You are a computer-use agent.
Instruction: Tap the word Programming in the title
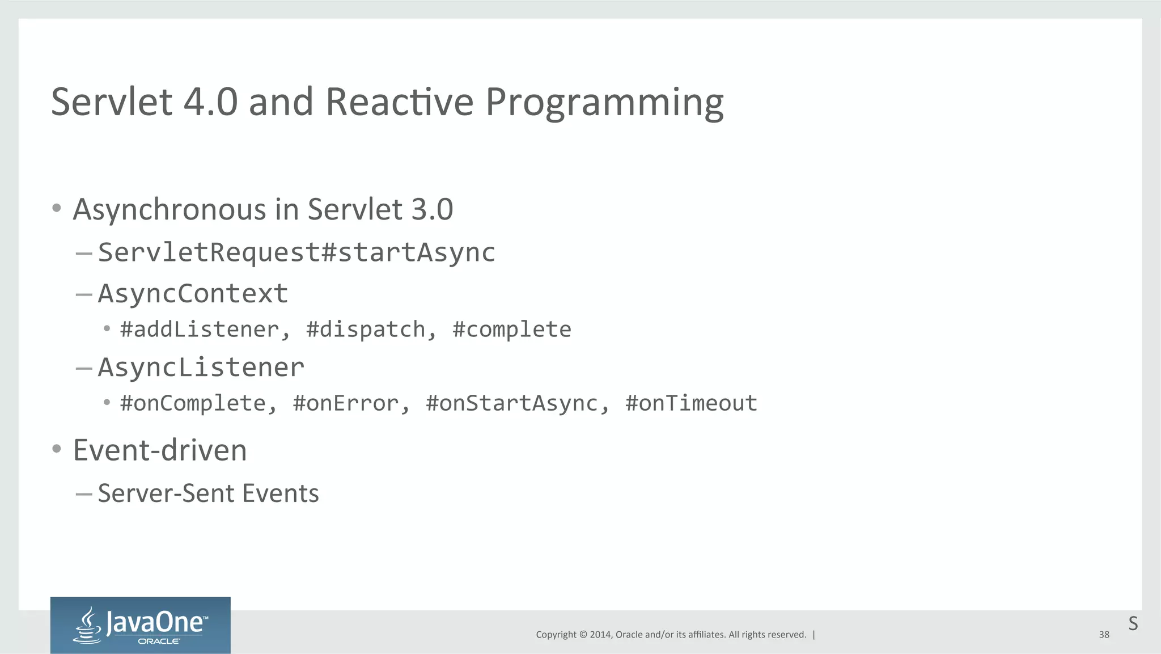point(604,102)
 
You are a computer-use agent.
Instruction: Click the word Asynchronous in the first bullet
point(170,209)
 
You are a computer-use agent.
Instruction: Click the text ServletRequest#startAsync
point(296,252)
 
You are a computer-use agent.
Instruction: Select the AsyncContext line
point(193,294)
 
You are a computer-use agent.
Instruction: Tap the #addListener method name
point(200,330)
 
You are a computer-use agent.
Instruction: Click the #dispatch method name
point(366,330)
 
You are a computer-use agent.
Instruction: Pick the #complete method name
point(512,330)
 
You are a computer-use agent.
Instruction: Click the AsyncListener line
point(201,368)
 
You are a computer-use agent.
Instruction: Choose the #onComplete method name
point(193,403)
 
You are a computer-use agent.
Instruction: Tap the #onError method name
point(346,403)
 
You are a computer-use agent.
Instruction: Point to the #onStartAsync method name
point(512,403)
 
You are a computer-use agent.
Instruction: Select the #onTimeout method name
point(691,403)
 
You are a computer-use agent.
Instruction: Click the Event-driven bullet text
point(160,450)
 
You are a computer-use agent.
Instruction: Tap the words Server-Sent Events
point(208,493)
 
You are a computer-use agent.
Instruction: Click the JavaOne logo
point(140,625)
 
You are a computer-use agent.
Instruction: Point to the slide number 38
point(1104,635)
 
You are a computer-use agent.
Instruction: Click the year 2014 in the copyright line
point(600,635)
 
